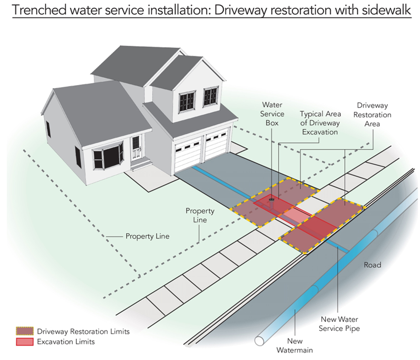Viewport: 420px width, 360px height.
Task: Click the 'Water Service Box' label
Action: (x=272, y=114)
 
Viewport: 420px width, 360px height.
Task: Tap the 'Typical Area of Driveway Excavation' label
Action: (x=320, y=123)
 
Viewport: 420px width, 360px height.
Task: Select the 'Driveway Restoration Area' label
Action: (x=372, y=115)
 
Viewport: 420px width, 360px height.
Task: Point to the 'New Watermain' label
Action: (x=295, y=345)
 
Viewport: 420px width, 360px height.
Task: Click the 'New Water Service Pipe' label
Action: (x=339, y=324)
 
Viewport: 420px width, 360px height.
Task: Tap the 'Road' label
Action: (x=372, y=265)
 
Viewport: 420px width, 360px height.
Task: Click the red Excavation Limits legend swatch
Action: (x=25, y=342)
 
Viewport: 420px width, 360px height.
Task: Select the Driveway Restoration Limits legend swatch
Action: (x=25, y=331)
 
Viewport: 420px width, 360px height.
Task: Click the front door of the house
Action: (x=136, y=147)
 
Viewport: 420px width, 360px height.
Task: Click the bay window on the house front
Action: (x=107, y=156)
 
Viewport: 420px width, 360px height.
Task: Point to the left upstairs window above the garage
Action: (x=187, y=102)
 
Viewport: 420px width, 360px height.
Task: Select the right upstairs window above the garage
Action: (x=211, y=96)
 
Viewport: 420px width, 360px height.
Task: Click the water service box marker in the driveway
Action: (x=271, y=200)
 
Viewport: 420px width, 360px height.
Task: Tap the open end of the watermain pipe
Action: (x=259, y=341)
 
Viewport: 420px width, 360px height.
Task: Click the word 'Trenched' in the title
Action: (x=39, y=10)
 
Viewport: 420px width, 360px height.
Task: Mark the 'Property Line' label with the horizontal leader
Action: (x=147, y=236)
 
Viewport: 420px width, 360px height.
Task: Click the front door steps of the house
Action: (x=141, y=164)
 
